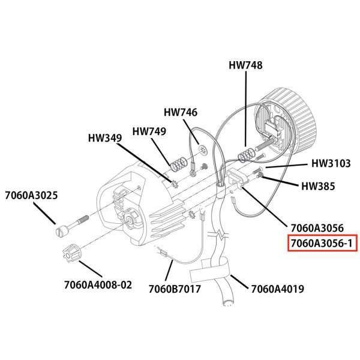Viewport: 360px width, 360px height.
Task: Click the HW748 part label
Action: [245, 65]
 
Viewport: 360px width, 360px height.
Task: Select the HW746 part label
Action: [181, 112]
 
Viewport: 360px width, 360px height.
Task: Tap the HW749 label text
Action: [149, 131]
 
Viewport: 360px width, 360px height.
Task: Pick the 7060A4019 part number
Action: [277, 289]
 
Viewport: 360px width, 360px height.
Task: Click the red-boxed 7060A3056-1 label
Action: [322, 244]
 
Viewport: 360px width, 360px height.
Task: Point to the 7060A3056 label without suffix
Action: [317, 228]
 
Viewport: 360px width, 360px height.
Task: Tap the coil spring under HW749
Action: [177, 163]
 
